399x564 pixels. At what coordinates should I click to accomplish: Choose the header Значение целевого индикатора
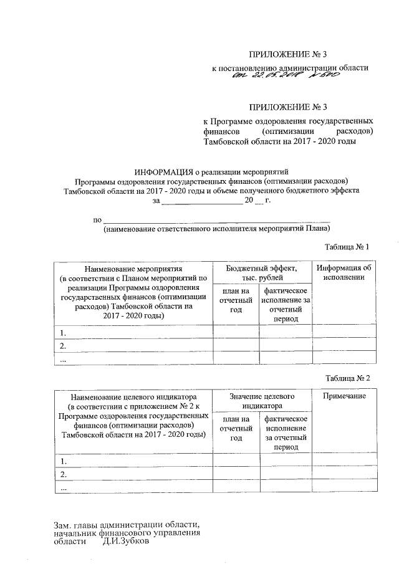pyautogui.click(x=261, y=401)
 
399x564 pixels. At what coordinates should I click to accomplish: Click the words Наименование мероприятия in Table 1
pyautogui.click(x=133, y=268)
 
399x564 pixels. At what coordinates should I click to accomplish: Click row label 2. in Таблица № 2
pyautogui.click(x=63, y=475)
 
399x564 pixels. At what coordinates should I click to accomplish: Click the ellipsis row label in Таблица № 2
pyautogui.click(x=63, y=490)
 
